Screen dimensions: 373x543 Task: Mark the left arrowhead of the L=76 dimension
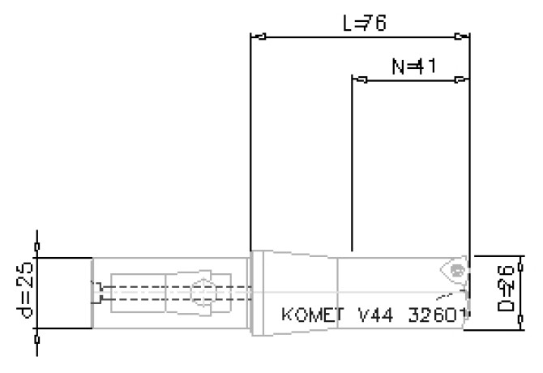(x=259, y=36)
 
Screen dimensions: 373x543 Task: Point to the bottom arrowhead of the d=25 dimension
(x=36, y=334)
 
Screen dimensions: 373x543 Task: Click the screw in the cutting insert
(x=458, y=269)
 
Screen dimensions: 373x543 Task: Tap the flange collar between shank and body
(x=259, y=292)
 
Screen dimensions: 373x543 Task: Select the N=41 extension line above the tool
(x=352, y=162)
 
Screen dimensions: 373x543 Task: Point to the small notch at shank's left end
(x=96, y=293)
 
